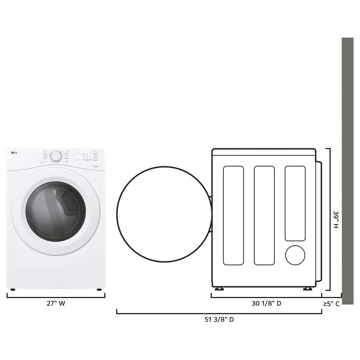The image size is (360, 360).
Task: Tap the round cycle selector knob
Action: point(56,156)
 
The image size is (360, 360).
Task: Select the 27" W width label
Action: point(56,303)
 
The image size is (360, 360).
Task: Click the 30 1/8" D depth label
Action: point(266,303)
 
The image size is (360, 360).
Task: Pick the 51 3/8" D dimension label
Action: point(219,319)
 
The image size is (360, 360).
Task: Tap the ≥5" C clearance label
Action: point(331,303)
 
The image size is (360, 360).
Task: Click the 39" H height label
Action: point(336,220)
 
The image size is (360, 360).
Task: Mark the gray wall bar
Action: point(347,169)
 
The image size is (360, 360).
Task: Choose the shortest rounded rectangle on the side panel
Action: point(295,203)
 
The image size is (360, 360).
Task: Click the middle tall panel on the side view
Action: point(264,215)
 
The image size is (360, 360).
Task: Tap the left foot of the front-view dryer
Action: point(13,289)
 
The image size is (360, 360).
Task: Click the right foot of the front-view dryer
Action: point(98,289)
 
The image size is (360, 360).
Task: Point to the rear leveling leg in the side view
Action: point(307,289)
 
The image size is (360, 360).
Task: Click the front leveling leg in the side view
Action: point(219,289)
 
